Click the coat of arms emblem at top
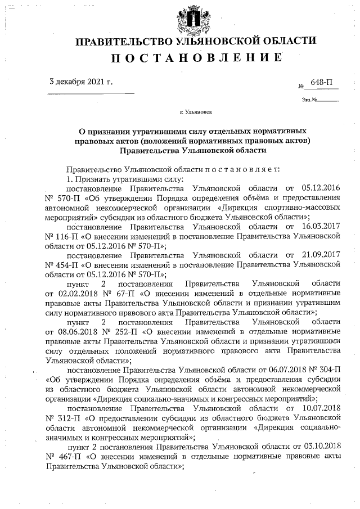[195, 18]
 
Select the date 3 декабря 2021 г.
[81, 82]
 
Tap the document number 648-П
[321, 83]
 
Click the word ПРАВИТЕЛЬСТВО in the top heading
[123, 40]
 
